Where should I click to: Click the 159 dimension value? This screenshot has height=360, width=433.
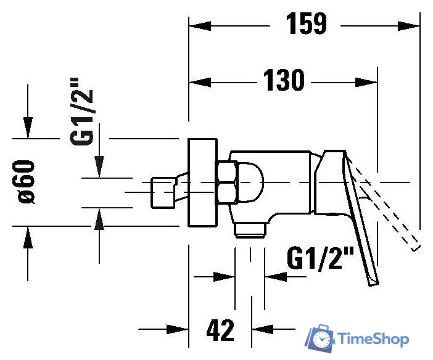306,24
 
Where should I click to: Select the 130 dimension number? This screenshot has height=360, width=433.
284,81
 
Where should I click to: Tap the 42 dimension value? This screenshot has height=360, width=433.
220,331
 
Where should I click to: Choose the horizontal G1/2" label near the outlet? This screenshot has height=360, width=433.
319,258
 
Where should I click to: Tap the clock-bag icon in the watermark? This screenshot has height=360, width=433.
320,338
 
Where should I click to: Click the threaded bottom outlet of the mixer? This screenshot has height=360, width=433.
250,229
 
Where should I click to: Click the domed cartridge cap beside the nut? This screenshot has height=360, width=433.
250,182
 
